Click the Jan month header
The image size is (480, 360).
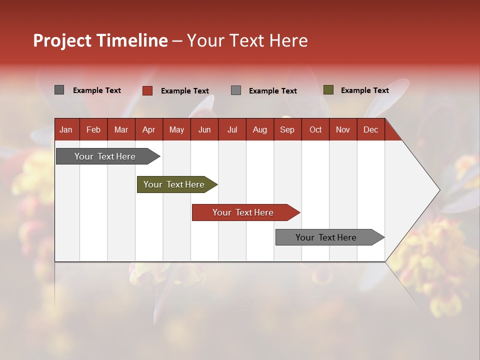click(x=66, y=129)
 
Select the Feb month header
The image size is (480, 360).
click(x=93, y=129)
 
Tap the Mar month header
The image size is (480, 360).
click(x=121, y=129)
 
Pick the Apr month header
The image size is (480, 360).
click(x=149, y=129)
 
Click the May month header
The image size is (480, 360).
click(x=176, y=129)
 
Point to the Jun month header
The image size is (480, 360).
click(x=204, y=129)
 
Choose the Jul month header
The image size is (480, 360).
click(x=232, y=129)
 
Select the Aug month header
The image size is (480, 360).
click(x=260, y=129)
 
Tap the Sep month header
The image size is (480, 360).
click(x=287, y=129)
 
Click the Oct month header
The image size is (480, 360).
click(x=315, y=129)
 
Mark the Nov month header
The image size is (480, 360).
click(x=343, y=129)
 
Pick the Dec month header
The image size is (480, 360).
click(x=371, y=129)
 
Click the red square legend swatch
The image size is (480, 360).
click(x=147, y=90)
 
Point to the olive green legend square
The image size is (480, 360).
click(x=328, y=90)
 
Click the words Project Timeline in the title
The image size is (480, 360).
click(x=100, y=40)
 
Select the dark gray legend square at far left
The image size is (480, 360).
click(x=59, y=90)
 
